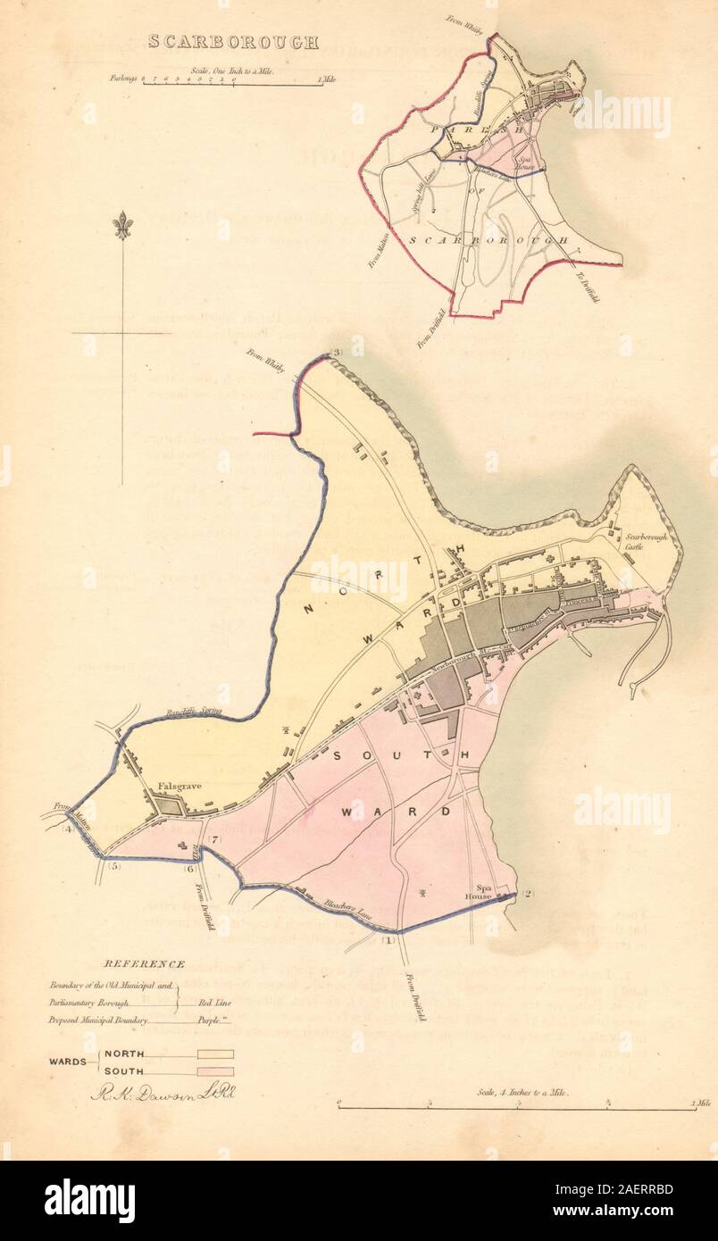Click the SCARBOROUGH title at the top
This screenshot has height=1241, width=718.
[230, 42]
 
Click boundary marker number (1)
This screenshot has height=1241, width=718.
[388, 940]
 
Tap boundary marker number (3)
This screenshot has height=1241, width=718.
[335, 352]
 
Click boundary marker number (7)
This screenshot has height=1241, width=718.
[215, 839]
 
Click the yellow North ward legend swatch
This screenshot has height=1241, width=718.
[215, 1054]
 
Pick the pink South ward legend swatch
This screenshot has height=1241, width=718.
[215, 1070]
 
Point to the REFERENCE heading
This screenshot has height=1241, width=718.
[145, 963]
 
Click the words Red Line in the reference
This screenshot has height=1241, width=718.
[210, 1004]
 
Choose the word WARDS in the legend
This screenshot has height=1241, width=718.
[68, 1062]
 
